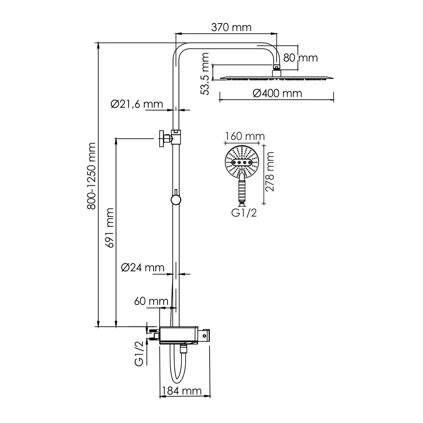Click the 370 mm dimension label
(x=231, y=27)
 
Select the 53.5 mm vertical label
(x=206, y=74)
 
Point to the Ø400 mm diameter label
(x=277, y=93)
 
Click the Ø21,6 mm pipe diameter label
(x=137, y=104)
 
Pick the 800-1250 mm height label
(x=91, y=176)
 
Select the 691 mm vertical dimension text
(x=110, y=228)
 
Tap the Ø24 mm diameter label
(x=142, y=267)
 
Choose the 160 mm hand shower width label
(x=245, y=136)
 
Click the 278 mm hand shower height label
(x=270, y=172)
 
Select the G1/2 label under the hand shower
(x=244, y=213)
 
